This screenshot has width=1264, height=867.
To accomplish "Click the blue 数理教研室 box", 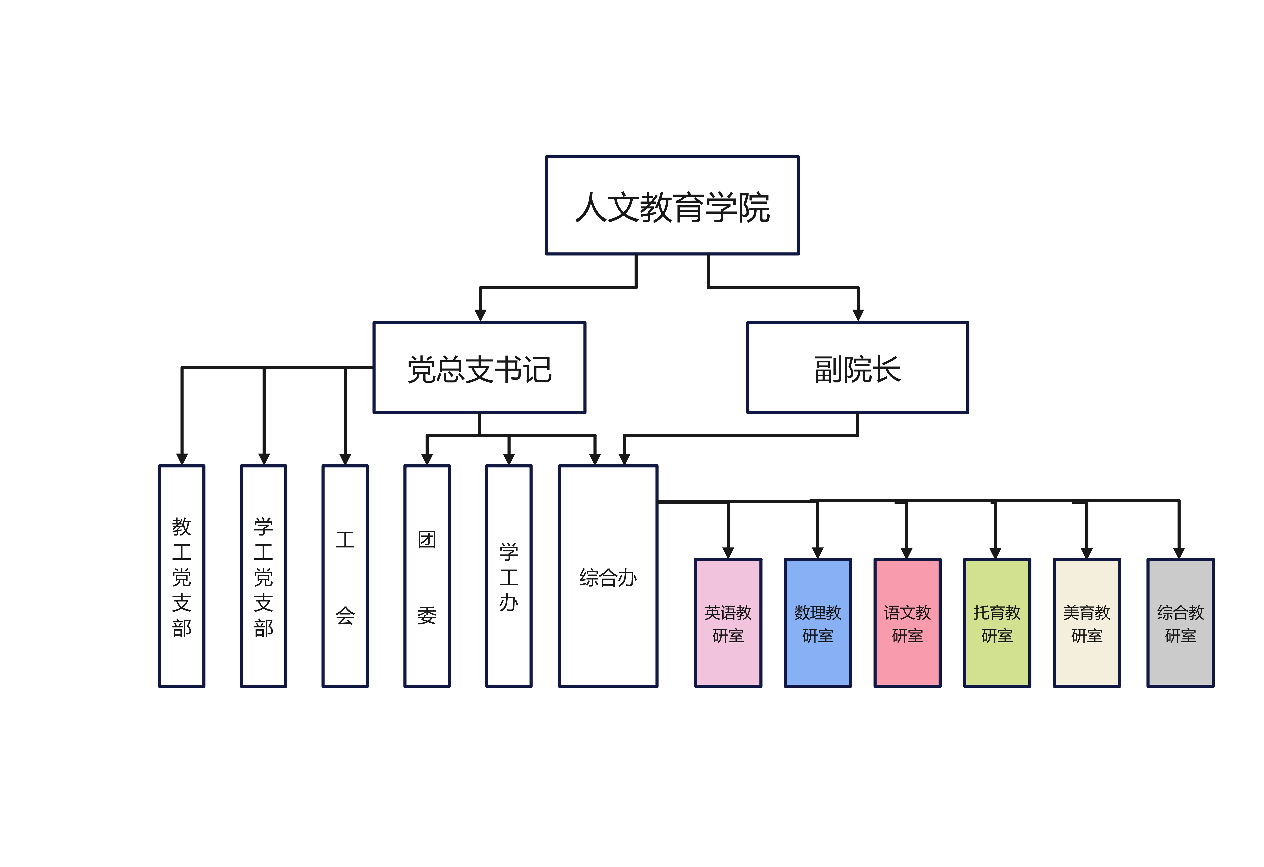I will click(817, 623).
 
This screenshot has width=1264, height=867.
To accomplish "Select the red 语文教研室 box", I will click(907, 623).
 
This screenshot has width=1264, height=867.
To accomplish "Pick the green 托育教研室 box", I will click(997, 623).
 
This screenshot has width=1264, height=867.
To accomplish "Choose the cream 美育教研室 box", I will click(1087, 623).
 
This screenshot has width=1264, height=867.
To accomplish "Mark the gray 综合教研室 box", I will click(1180, 623).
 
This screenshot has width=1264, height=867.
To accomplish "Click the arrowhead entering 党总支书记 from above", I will click(480, 315).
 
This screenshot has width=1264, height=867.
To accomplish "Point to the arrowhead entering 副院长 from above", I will click(858, 315).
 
